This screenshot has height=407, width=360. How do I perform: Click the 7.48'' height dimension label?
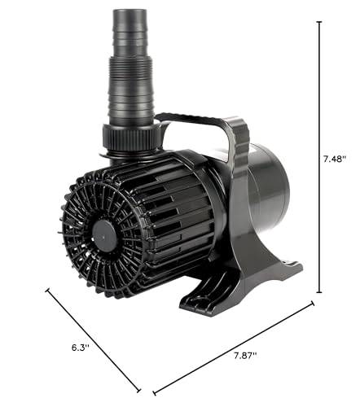point(335,159)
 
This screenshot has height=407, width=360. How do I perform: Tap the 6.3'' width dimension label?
point(81,348)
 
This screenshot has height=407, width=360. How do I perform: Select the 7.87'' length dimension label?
point(245,356)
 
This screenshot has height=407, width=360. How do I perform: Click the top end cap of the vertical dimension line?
point(319,21)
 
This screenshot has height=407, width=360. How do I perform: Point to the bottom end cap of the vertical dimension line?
point(319,292)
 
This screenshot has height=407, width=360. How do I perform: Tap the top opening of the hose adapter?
point(130,11)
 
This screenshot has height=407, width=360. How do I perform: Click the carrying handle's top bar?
point(190,118)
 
